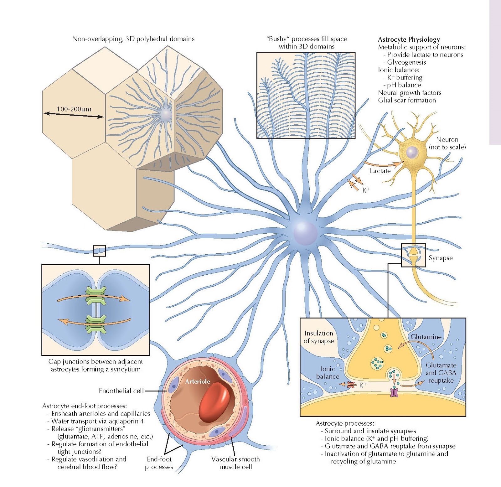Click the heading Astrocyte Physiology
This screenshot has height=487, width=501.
(x=409, y=39)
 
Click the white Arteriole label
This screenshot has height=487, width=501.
(x=197, y=381)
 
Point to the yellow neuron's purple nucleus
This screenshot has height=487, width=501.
(x=413, y=153)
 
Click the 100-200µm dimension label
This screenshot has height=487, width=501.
(x=74, y=109)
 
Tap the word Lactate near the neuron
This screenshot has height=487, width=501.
(x=380, y=171)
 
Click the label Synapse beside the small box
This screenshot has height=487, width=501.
(x=440, y=258)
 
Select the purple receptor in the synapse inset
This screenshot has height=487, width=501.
(x=394, y=392)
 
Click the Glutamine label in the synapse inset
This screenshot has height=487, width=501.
(x=426, y=337)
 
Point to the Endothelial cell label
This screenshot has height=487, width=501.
(x=121, y=391)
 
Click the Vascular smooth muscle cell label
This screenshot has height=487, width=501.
(x=235, y=463)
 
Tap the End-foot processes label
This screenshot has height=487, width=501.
(x=159, y=463)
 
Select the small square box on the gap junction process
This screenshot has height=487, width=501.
(x=99, y=251)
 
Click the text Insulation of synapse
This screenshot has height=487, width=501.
(x=319, y=337)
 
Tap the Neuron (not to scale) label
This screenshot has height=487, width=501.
(x=447, y=143)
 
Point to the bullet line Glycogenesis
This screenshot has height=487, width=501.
(x=406, y=62)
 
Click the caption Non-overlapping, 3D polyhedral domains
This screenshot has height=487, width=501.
(x=133, y=39)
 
